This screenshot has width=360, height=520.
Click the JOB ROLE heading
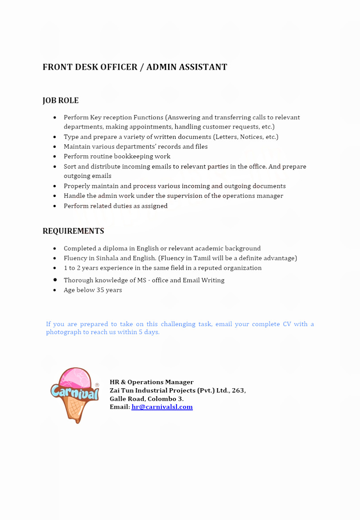[60, 101]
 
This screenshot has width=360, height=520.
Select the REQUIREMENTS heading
[73, 231]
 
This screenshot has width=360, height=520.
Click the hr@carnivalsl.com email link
[162, 407]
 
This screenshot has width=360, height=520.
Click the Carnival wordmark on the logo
[74, 392]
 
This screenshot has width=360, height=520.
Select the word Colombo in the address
[162, 399]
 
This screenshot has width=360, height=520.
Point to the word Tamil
[202, 258]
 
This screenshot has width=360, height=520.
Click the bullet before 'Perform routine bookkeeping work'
[55, 157]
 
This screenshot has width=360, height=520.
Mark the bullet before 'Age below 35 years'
[55, 290]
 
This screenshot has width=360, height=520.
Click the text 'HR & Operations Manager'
[152, 382]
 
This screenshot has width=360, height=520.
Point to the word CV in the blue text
[287, 324]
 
